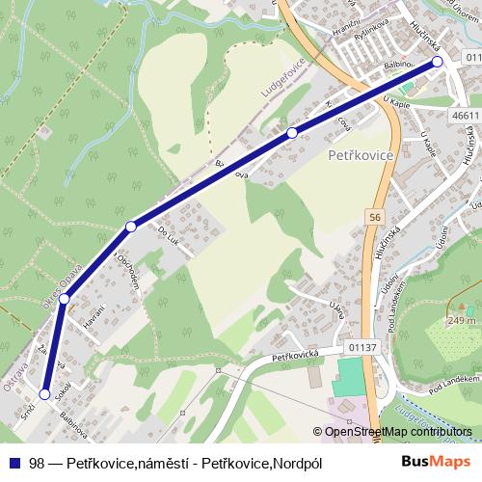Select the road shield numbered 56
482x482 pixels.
coord(374,219)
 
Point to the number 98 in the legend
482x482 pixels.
coord(38,463)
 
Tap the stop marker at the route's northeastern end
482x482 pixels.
coord(437,62)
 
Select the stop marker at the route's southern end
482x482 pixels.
coord(44,393)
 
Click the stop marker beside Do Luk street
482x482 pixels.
coord(131,227)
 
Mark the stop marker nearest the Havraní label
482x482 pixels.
coord(64,300)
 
